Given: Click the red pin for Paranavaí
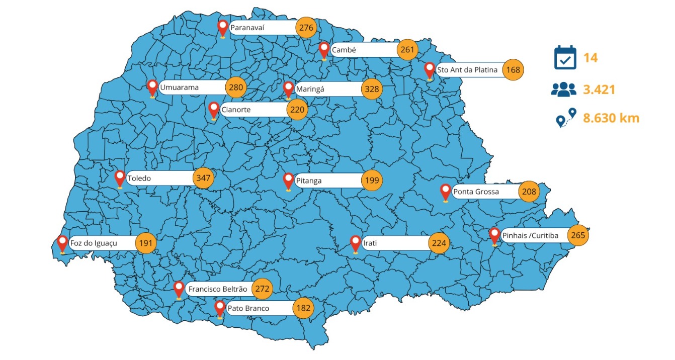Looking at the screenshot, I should point(222,27).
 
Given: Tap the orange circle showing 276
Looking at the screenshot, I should point(306,28).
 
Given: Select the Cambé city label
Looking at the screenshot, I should point(344,50).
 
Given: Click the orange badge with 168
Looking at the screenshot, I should point(513,70).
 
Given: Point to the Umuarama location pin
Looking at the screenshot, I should point(152,87).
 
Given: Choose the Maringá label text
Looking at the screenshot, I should point(310,89).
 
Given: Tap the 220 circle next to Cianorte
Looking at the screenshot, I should point(296,109).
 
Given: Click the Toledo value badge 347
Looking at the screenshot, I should point(204,178).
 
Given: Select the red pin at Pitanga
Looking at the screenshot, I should point(288,181).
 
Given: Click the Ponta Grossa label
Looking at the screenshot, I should point(476,192).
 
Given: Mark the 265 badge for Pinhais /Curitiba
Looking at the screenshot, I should point(578,235).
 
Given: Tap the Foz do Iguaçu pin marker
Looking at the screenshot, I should point(62,243).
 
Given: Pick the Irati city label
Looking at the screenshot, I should point(370,243).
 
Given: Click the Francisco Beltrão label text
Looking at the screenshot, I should point(218,289).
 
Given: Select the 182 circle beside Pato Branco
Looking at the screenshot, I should point(304,308).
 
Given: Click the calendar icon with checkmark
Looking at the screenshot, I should point(565,58).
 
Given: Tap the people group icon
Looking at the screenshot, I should point(563,89).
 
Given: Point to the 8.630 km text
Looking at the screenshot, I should point(611,119).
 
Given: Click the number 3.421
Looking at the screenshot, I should point(599,90).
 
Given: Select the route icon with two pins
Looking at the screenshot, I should point(565,118).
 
